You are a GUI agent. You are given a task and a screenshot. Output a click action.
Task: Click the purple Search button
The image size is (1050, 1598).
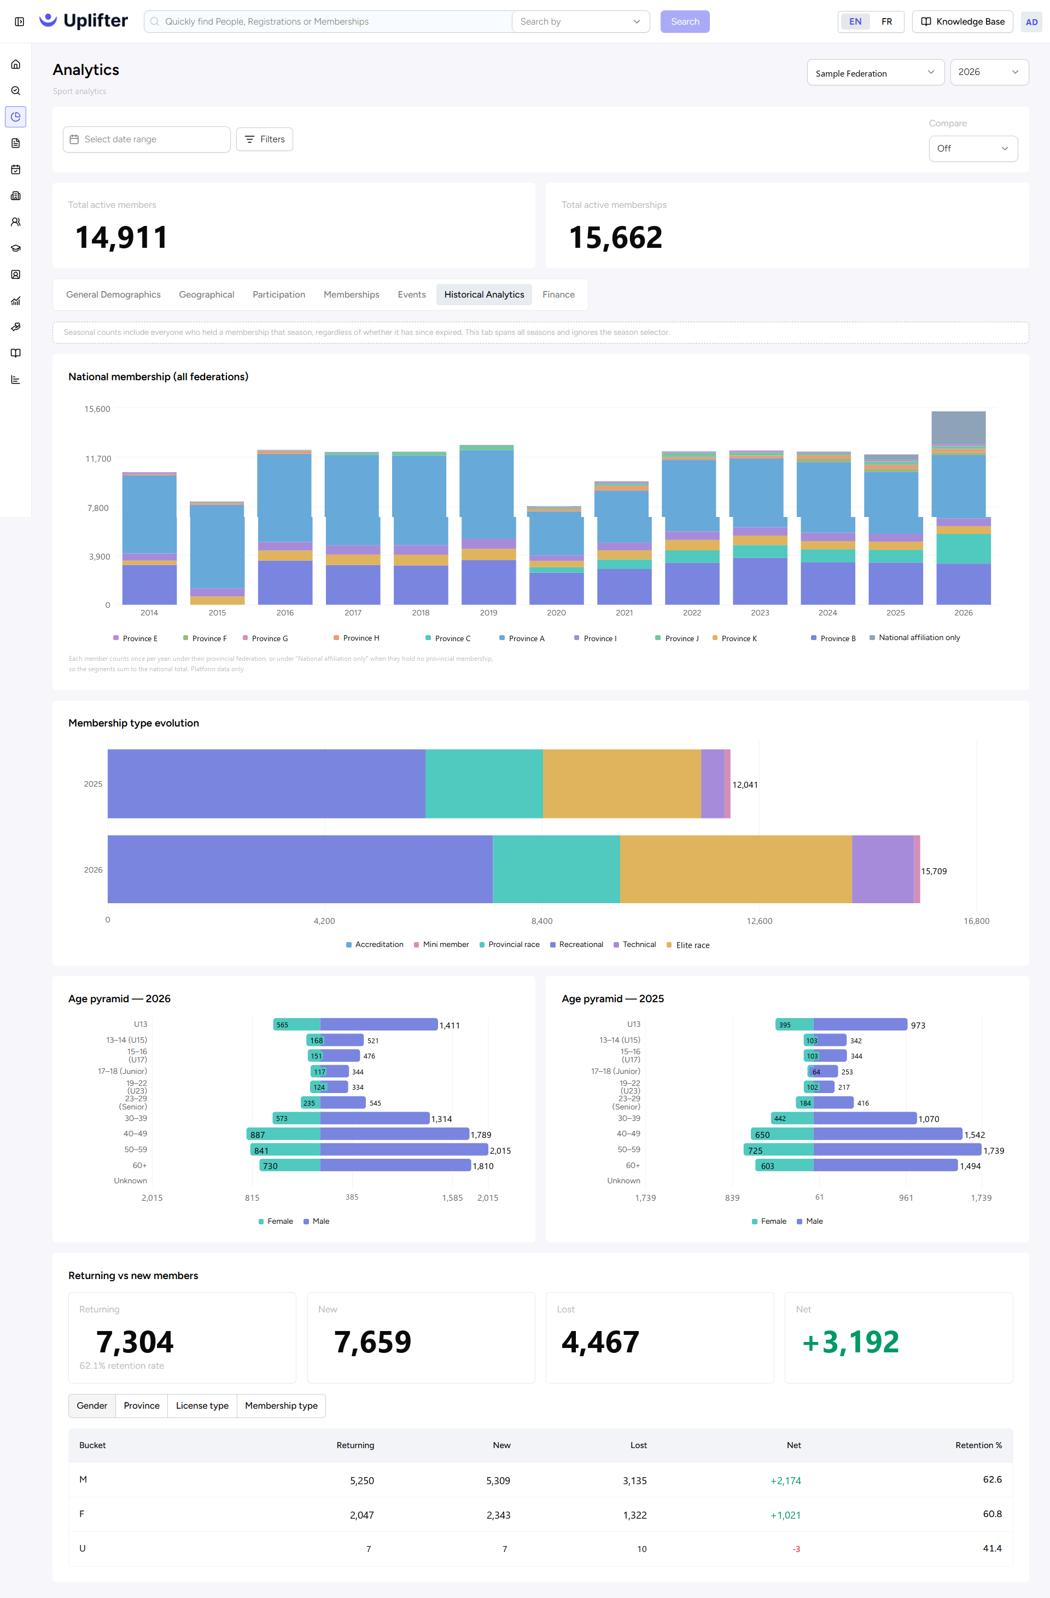685,21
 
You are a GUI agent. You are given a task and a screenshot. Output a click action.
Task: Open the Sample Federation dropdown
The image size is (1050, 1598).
876,73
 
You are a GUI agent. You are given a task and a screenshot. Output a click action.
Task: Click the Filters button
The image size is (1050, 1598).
265,139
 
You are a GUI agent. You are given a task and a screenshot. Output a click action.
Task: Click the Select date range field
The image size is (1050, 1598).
147,139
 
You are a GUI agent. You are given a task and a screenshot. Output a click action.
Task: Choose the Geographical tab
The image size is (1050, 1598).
206,294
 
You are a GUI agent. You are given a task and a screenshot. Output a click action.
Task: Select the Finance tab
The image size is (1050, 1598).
558,294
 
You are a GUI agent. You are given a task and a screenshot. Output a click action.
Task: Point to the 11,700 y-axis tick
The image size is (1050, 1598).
98,458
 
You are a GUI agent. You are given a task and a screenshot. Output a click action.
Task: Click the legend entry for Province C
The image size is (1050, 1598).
448,638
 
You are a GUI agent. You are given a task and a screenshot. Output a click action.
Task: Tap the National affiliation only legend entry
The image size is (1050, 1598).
914,637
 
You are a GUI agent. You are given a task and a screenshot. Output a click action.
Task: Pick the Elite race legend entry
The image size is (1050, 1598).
687,945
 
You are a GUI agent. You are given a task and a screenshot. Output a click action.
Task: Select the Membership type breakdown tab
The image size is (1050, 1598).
281,1405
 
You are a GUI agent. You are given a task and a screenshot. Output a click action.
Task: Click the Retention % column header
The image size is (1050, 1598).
978,1445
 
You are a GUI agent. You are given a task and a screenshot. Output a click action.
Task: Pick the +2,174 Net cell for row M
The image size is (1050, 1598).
785,1480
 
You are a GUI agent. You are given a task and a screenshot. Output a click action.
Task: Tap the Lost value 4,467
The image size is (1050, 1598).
600,1341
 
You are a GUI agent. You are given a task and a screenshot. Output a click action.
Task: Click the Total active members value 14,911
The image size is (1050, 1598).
121,237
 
